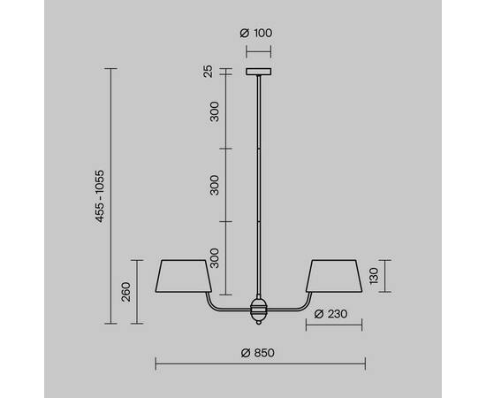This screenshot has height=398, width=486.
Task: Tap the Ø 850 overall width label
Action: point(259,352)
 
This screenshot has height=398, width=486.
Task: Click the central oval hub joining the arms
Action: point(258,310)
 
